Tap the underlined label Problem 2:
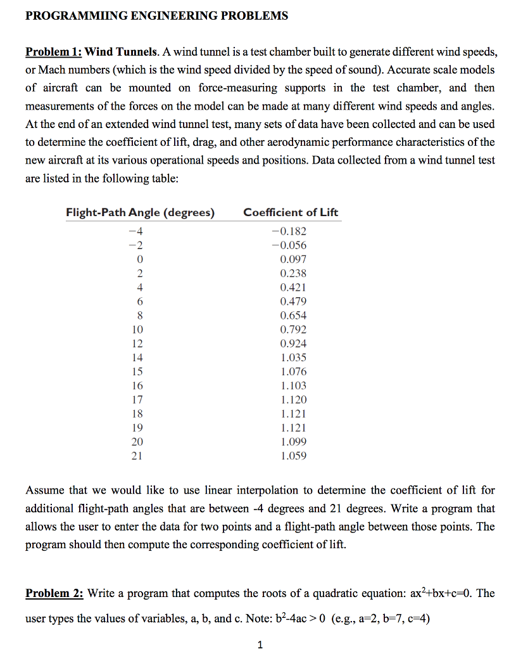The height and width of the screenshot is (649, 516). [54, 594]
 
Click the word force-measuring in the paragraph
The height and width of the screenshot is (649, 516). [236, 88]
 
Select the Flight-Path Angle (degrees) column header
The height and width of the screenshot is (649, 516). [140, 212]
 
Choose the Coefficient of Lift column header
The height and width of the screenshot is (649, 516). [291, 212]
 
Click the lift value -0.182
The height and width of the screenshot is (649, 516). [288, 231]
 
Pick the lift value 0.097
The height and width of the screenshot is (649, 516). [293, 259]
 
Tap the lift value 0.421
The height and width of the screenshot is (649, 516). [293, 287]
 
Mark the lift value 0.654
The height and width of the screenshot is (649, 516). [293, 315]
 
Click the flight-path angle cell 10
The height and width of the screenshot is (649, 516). [137, 329]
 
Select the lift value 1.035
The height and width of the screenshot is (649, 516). [293, 357]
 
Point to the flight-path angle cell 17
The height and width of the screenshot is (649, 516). [137, 399]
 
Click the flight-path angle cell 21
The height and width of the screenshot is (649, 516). [137, 455]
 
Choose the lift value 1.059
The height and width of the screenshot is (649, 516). [293, 455]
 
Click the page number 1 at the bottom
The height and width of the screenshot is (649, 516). [260, 645]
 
